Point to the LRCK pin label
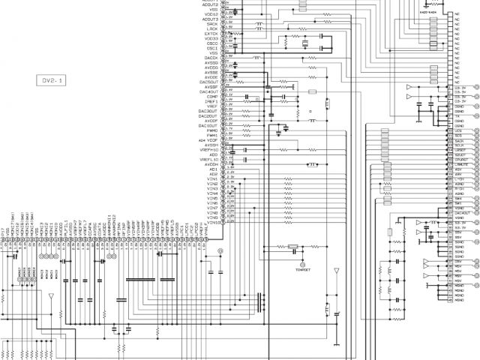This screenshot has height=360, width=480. click(x=213, y=28)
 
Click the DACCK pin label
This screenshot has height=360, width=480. click(x=211, y=58)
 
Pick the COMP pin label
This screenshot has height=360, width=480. click(x=213, y=96)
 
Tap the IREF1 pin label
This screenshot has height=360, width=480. click(x=212, y=101)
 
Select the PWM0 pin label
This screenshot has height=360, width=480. click(x=212, y=130)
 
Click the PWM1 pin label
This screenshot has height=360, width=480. click(x=212, y=135)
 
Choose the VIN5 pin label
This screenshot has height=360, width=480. click(x=213, y=198)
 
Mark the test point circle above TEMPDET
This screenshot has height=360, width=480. click(x=302, y=265)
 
